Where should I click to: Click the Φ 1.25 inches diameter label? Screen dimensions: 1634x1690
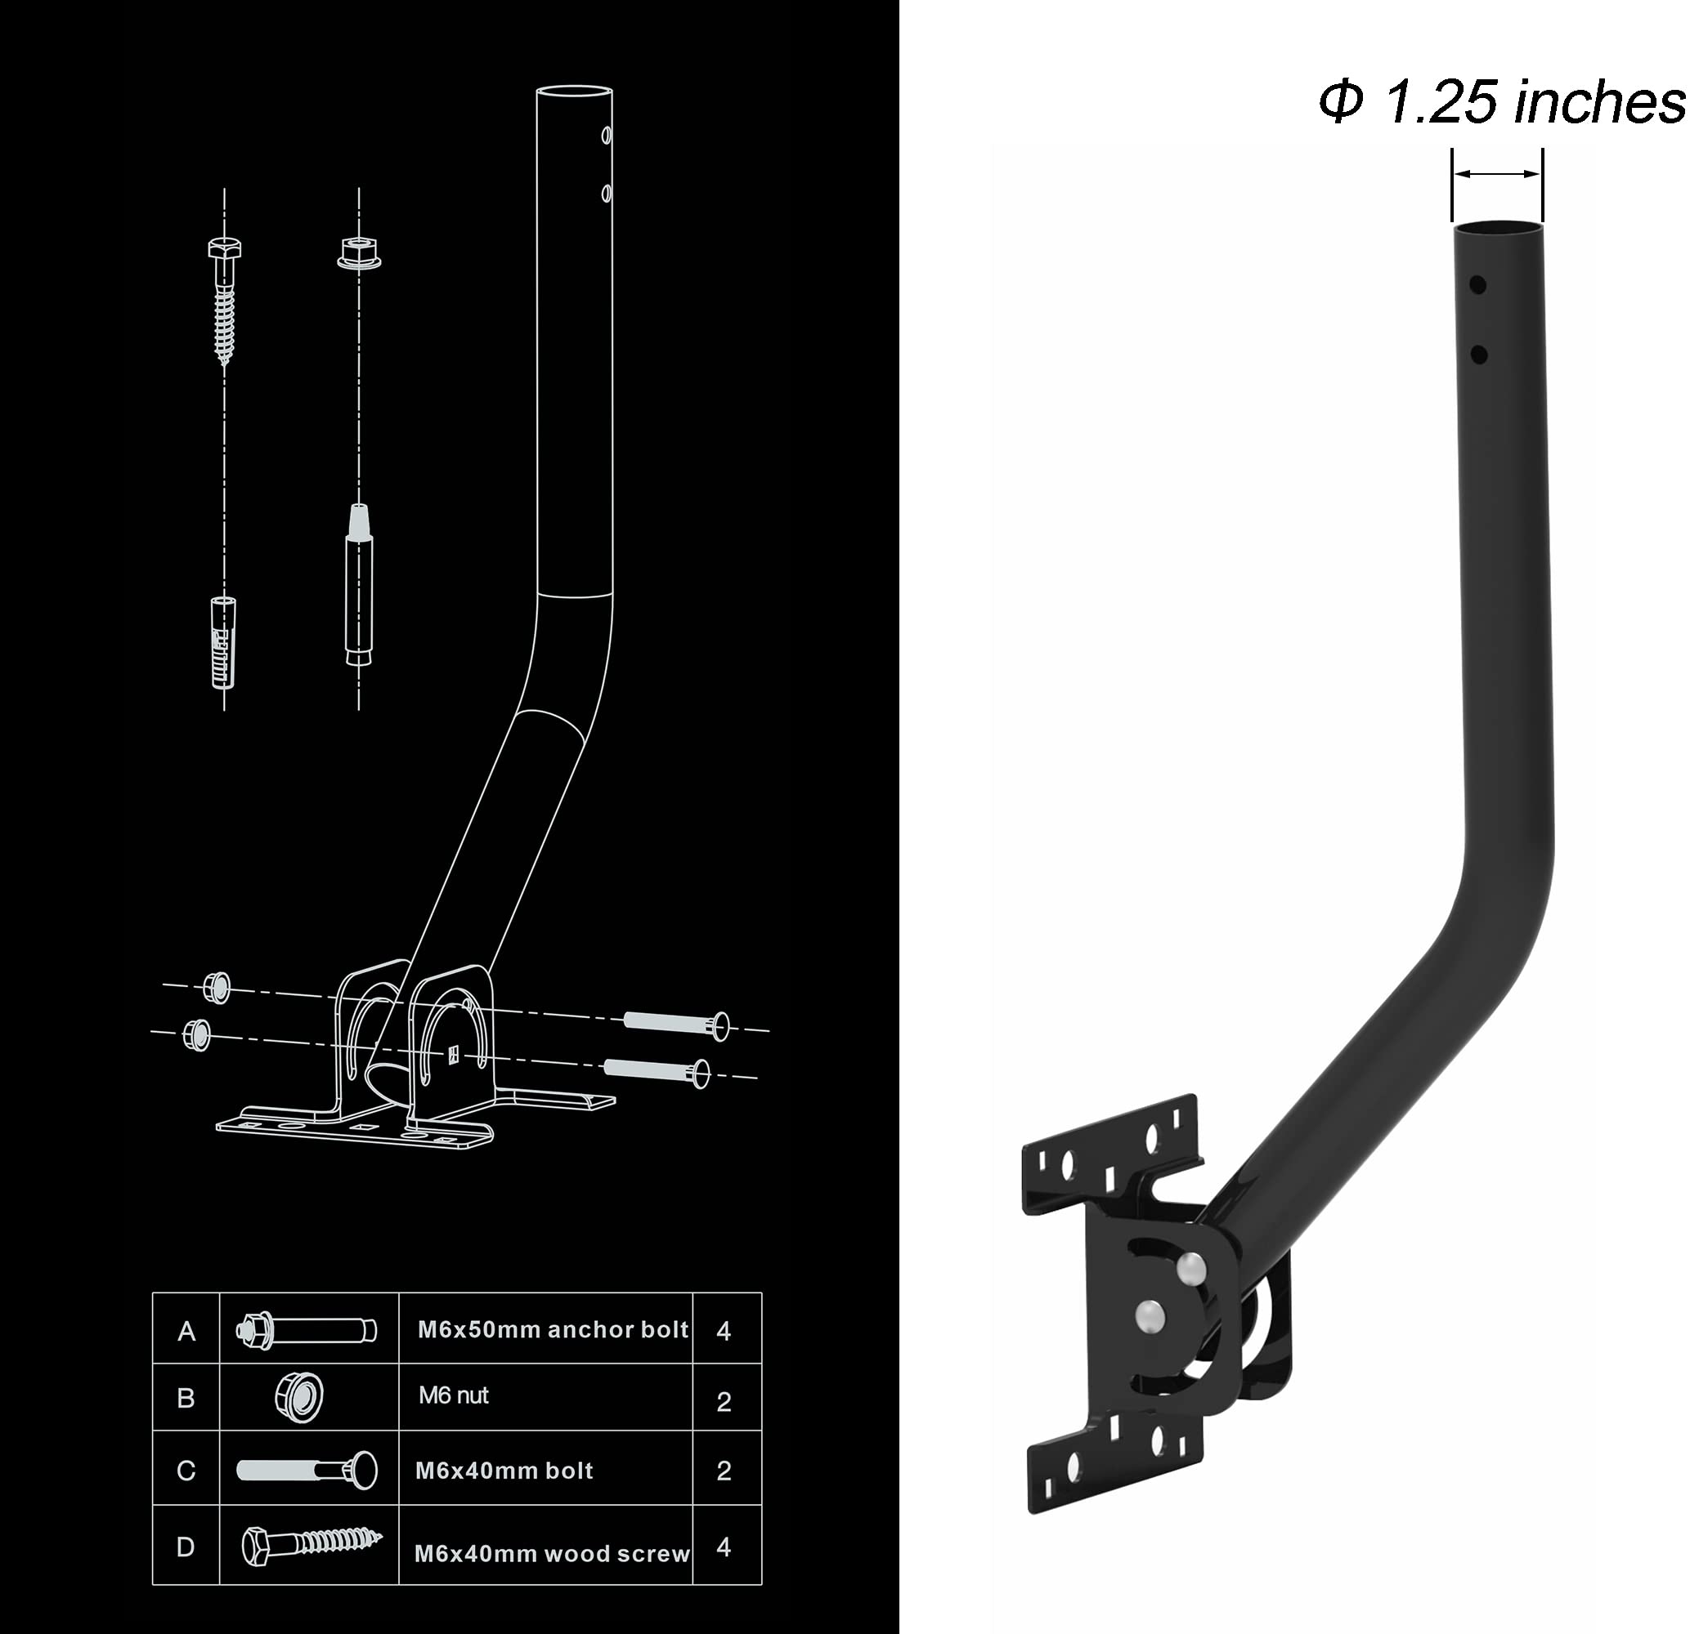point(1500,101)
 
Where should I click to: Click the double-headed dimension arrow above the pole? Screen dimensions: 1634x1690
point(1497,174)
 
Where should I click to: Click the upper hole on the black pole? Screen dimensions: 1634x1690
point(1477,284)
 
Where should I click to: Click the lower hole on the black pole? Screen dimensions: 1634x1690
point(1478,355)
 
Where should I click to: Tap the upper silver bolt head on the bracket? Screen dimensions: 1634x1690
point(1190,1266)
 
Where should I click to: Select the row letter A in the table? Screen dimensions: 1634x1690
point(186,1332)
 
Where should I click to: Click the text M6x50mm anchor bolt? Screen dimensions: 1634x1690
point(553,1330)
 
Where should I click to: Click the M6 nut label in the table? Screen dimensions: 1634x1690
point(454,1395)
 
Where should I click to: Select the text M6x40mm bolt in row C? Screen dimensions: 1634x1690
point(504,1471)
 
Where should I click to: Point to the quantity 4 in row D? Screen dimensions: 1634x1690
point(724,1547)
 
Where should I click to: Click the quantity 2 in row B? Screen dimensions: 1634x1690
point(724,1402)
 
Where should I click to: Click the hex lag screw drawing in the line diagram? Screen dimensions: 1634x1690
point(224,301)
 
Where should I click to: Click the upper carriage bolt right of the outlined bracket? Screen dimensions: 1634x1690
point(676,1024)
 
